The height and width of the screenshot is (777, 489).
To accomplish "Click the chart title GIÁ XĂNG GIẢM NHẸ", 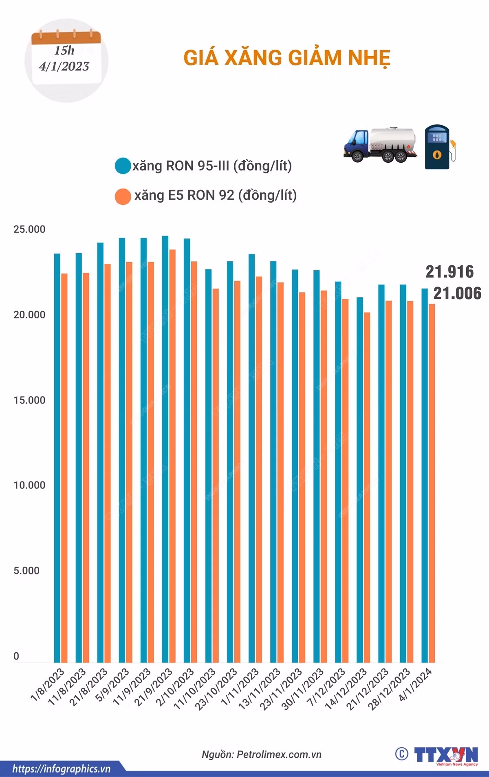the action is coord(287,57).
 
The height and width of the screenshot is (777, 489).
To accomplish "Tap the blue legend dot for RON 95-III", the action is coord(123,166).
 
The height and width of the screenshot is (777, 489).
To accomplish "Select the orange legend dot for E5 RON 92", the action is coord(123,196).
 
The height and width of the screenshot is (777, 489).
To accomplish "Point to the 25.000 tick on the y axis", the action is coord(29,229).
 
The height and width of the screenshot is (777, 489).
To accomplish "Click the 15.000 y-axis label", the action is coord(29,400).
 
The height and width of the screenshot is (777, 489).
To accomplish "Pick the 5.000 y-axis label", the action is coord(26,570).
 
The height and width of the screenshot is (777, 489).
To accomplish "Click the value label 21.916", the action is coord(450,272).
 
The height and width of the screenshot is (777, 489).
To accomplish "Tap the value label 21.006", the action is coord(457,293).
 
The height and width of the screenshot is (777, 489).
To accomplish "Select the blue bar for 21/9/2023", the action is coord(165,449).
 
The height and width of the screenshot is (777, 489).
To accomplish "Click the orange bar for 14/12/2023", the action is coord(367,487).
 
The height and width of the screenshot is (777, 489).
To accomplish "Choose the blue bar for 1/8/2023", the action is coord(57,458).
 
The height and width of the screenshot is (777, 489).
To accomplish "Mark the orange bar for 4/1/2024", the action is coord(432,483).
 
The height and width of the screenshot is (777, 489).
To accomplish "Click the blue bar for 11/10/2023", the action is coord(208,466).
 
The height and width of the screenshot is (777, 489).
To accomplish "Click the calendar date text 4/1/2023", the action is coord(64,66).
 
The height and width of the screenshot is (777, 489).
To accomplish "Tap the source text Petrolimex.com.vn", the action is coord(279,755).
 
